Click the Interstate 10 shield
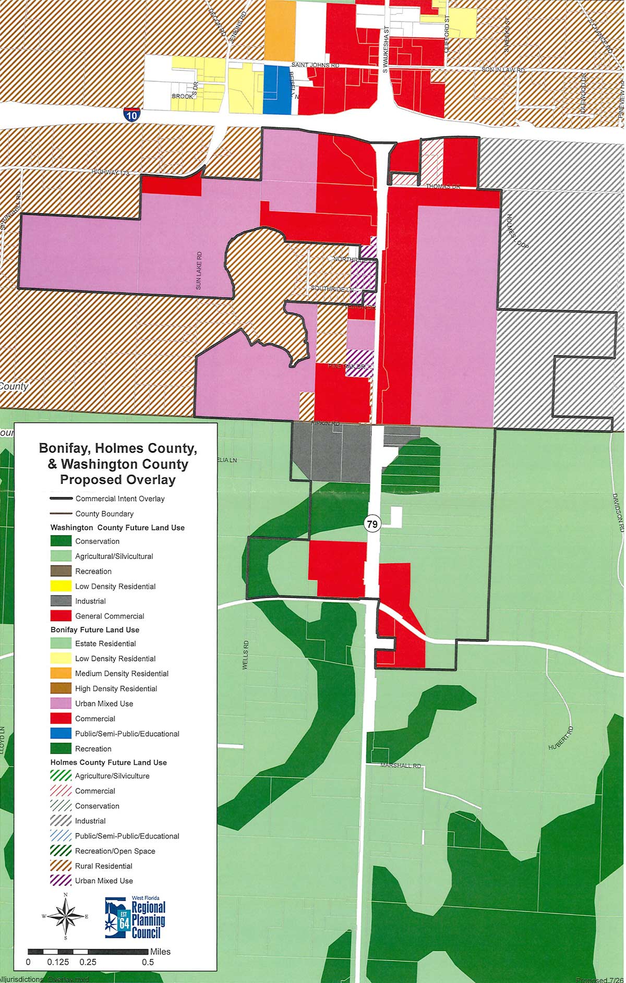pos(131,114)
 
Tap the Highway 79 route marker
pos(372,524)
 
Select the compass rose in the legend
pos(66,916)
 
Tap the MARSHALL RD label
pos(401,766)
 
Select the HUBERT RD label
pos(561,738)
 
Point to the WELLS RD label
pos(246,655)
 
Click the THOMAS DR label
pos(443,186)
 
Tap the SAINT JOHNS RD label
pos(315,65)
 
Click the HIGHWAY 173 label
pos(110,172)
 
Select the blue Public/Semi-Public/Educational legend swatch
pos(61,734)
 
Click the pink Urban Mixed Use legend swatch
pos(61,703)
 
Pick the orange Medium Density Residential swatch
pos(61,673)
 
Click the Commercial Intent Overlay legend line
pos(61,499)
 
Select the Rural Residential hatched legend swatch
pos(61,866)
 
